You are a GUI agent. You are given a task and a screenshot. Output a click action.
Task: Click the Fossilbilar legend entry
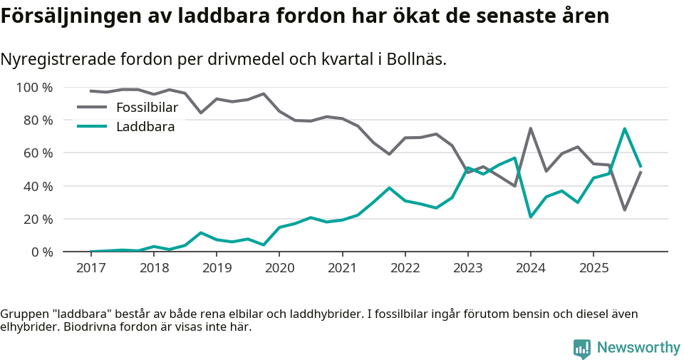click(x=146, y=108)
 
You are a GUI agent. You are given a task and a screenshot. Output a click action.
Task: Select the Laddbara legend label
click(x=145, y=127)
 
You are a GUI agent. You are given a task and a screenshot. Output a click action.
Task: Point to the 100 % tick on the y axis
click(x=35, y=88)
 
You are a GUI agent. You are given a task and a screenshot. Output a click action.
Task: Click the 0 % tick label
click(x=41, y=252)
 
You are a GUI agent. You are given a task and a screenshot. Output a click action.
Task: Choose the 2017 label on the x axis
click(x=91, y=268)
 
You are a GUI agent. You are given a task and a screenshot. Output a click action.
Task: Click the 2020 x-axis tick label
click(x=279, y=268)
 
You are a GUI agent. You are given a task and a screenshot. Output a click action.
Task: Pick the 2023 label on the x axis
click(x=468, y=268)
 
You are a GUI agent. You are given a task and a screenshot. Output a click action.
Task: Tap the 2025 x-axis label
click(x=594, y=268)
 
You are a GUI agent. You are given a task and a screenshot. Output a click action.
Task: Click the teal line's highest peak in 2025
click(x=625, y=129)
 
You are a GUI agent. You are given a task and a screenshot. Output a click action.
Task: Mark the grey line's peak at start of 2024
click(x=531, y=128)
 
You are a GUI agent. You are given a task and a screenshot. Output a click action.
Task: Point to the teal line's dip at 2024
click(x=531, y=217)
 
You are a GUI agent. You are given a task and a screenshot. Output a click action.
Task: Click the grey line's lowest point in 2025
click(x=625, y=210)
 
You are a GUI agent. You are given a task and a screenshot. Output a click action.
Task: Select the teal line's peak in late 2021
click(x=389, y=188)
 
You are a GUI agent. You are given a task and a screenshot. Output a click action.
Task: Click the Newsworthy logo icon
click(x=582, y=348)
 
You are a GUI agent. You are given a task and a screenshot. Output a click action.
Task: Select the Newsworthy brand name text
click(x=638, y=348)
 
